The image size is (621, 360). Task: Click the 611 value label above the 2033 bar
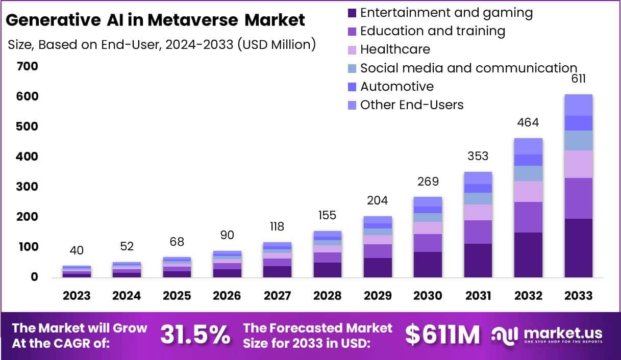click(x=578, y=79)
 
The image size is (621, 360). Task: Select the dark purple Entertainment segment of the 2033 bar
click(x=578, y=248)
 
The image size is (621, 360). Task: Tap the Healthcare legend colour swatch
click(x=352, y=49)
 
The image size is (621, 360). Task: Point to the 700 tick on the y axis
click(x=27, y=66)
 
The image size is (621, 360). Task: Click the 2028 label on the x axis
click(x=327, y=296)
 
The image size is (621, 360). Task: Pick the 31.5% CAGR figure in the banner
click(x=195, y=335)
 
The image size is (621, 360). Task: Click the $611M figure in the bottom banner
click(x=442, y=335)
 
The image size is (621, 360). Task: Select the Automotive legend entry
click(x=396, y=86)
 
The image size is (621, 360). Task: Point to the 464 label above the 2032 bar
click(x=528, y=122)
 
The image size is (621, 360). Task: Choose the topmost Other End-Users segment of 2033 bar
click(x=578, y=105)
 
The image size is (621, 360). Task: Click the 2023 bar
click(x=77, y=271)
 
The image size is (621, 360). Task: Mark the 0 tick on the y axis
click(x=34, y=277)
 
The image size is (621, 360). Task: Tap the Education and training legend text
click(x=432, y=31)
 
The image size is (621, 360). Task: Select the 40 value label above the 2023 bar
click(x=77, y=250)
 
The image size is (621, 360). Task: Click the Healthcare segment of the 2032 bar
click(x=528, y=191)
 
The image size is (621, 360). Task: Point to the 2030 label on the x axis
click(x=427, y=296)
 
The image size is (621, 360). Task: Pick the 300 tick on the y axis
click(x=27, y=187)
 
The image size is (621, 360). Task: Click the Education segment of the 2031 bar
click(x=478, y=232)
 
